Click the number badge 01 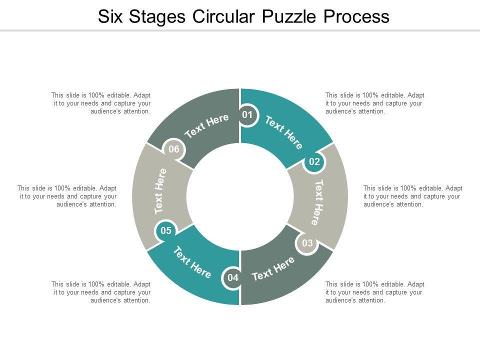(247, 115)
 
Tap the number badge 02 (314, 161)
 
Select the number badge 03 (307, 243)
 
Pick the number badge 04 (233, 277)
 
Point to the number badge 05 (166, 230)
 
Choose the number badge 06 (173, 149)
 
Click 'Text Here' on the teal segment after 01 (283, 132)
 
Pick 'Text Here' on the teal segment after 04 (192, 262)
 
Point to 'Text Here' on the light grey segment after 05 (160, 191)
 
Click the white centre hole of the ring (240, 196)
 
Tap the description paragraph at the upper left (100, 103)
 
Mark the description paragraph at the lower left (100, 292)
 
